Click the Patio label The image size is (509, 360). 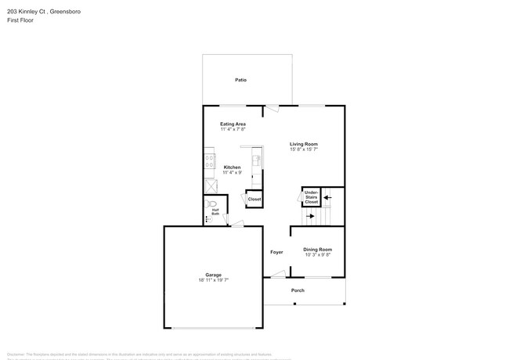[x=241, y=80]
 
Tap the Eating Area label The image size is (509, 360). [x=233, y=124]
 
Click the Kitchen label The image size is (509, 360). [x=233, y=167]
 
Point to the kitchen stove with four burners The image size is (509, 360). [x=209, y=162]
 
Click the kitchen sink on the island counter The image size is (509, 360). [x=256, y=160]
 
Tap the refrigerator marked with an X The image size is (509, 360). [x=210, y=186]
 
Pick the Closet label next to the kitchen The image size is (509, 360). [x=254, y=200]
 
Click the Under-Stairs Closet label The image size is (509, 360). [x=312, y=196]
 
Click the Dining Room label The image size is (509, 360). [x=317, y=249]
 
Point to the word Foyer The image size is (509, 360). [x=276, y=252]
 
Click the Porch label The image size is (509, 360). [x=298, y=290]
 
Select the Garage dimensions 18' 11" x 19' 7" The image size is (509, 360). [x=213, y=279]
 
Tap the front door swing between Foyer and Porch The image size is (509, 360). [x=277, y=274]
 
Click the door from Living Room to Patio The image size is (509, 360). [x=271, y=109]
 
